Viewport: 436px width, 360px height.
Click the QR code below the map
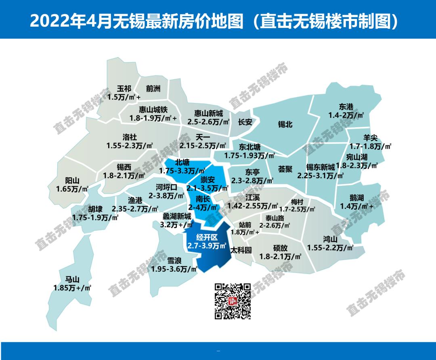click(x=232, y=301)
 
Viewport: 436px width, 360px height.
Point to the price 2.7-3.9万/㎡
click(x=206, y=246)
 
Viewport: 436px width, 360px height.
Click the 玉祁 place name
click(x=124, y=89)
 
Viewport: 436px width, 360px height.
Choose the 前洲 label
click(x=153, y=89)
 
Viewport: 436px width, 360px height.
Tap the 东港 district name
click(x=346, y=107)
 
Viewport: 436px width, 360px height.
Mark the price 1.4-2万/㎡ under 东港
click(x=346, y=115)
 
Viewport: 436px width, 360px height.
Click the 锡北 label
click(x=285, y=125)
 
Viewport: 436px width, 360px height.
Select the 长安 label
click(x=245, y=122)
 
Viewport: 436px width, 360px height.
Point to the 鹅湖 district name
click(x=357, y=198)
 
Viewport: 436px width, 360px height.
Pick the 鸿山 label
click(x=330, y=238)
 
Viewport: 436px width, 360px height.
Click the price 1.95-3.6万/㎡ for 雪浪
click(x=174, y=268)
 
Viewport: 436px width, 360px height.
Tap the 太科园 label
click(x=241, y=250)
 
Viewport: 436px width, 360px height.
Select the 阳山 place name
click(x=72, y=180)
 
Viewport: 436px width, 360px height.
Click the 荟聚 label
click(x=285, y=169)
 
